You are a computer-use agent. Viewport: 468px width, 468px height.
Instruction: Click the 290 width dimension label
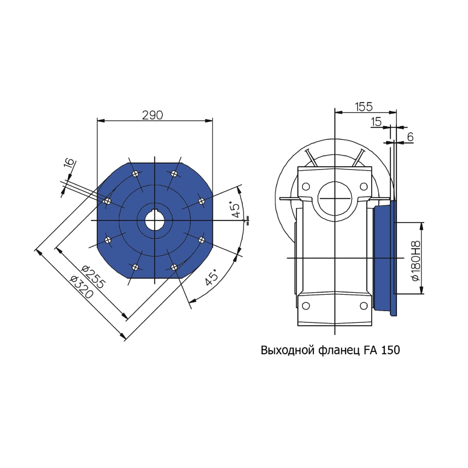click(x=152, y=115)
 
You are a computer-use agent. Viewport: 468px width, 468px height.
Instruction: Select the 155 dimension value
click(x=363, y=107)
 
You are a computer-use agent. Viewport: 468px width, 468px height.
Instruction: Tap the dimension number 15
click(x=376, y=122)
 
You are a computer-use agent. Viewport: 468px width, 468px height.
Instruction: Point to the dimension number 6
click(x=410, y=137)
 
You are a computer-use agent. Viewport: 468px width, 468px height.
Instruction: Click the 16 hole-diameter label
click(x=69, y=163)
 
